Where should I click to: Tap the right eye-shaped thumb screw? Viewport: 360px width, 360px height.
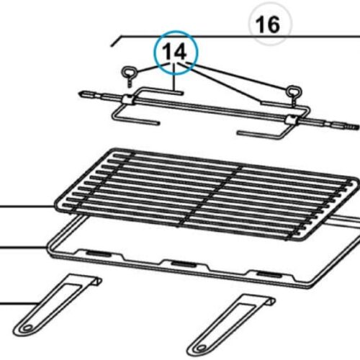[x=294, y=92]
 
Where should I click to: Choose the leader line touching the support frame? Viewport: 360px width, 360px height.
[x=22, y=248]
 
